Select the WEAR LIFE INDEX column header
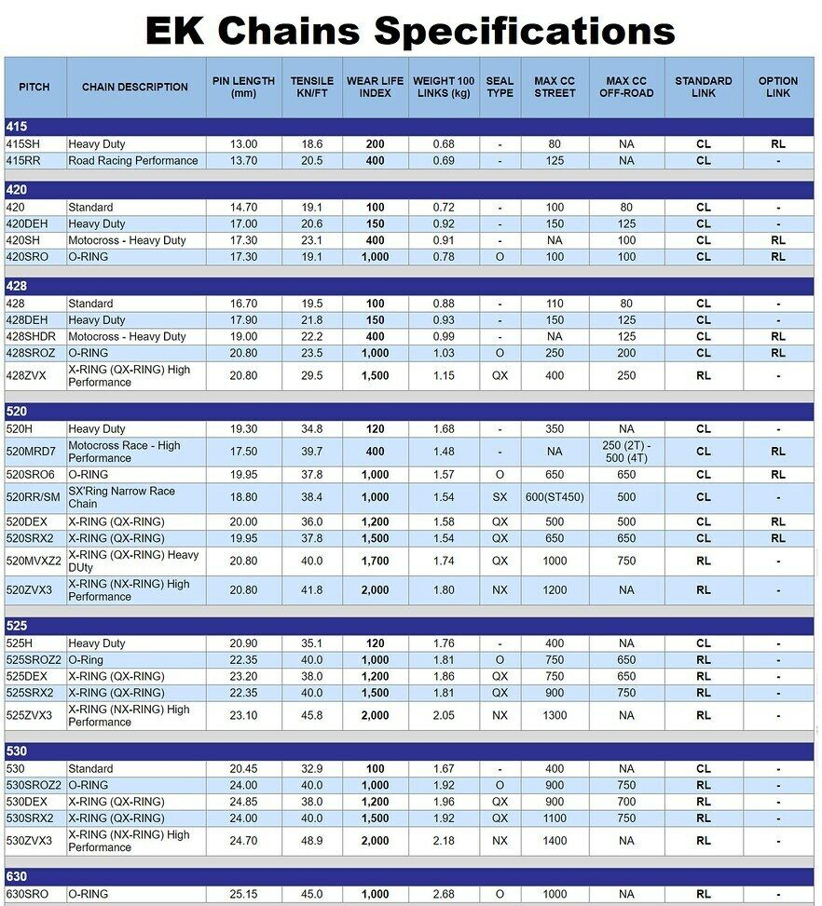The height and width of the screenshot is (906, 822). pyautogui.click(x=375, y=87)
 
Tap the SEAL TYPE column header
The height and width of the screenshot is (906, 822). pyautogui.click(x=500, y=87)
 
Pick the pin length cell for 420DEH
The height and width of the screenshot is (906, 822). pyautogui.click(x=243, y=224)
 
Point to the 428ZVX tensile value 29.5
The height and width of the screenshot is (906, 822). pyautogui.click(x=312, y=375)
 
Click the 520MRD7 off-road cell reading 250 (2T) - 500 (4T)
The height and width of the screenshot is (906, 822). pyautogui.click(x=625, y=452)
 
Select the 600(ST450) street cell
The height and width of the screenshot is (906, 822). pyautogui.click(x=554, y=497)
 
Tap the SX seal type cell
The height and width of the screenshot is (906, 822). pyautogui.click(x=500, y=497)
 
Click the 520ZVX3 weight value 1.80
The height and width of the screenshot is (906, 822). pyautogui.click(x=444, y=590)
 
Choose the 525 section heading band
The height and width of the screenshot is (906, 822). pyautogui.click(x=410, y=626)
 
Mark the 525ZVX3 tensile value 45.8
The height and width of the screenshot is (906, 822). pyautogui.click(x=312, y=715)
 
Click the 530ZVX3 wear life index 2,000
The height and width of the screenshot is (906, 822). pyautogui.click(x=375, y=841)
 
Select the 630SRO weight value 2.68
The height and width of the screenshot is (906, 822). pyautogui.click(x=444, y=895)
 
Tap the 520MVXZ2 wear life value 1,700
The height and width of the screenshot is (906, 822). pyautogui.click(x=375, y=561)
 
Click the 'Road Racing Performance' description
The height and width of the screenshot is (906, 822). pyautogui.click(x=132, y=161)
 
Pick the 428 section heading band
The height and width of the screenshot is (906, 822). pyautogui.click(x=410, y=286)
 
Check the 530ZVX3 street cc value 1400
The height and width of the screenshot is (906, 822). pyautogui.click(x=554, y=841)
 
